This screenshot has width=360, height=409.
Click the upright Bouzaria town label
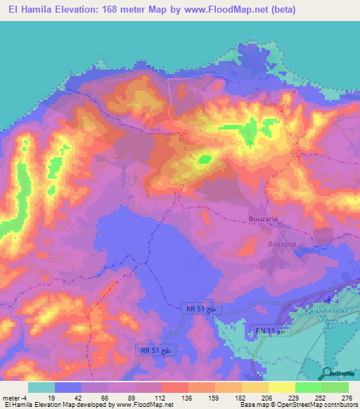tap(266, 220)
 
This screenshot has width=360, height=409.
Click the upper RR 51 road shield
tap(201, 309)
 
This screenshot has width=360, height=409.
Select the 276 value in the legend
tap(347, 398)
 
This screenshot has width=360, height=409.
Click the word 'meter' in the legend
tap(12, 398)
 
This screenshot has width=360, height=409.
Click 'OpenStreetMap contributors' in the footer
tap(314, 405)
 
